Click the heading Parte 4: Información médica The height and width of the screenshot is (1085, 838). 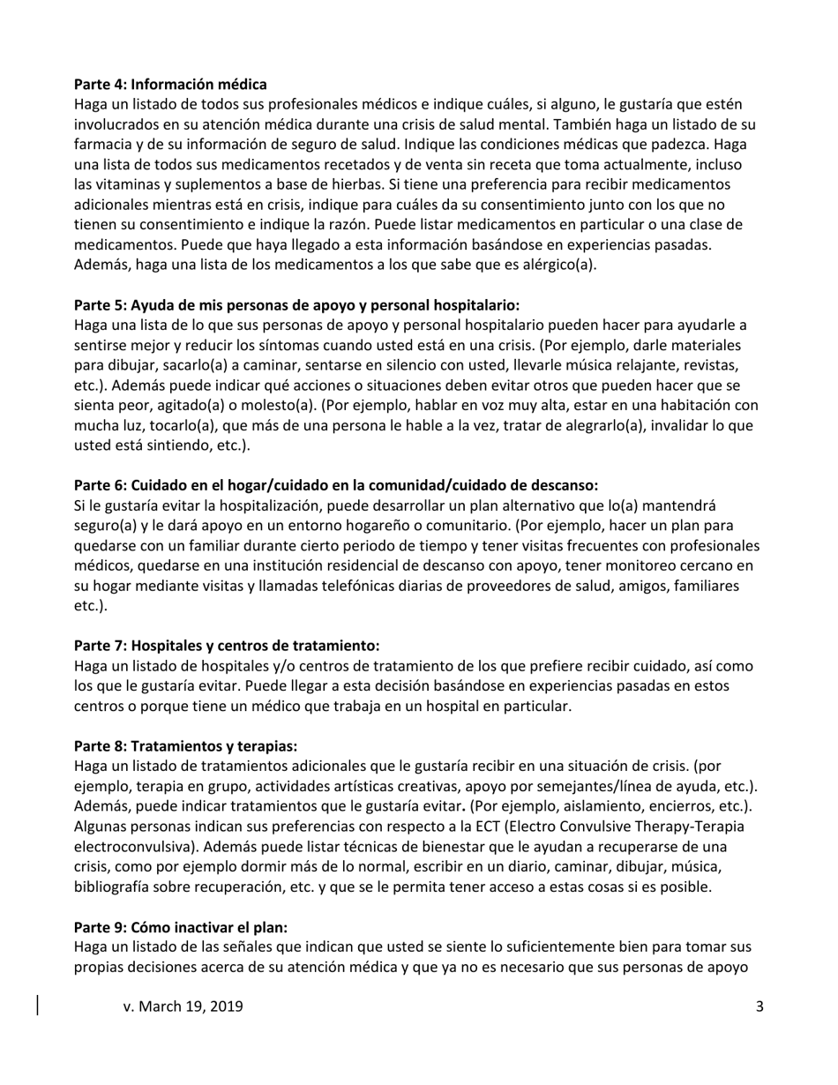[x=170, y=85]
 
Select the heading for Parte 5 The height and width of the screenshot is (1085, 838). [x=296, y=305]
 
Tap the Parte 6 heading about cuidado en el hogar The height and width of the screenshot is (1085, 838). [x=335, y=484]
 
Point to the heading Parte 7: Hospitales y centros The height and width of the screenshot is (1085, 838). [x=227, y=646]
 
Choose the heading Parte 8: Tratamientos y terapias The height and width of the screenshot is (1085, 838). [x=191, y=745]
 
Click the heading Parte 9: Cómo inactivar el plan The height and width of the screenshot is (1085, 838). [x=181, y=927]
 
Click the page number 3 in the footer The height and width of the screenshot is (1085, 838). [x=759, y=1006]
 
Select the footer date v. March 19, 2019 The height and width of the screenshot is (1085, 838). [x=183, y=1006]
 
